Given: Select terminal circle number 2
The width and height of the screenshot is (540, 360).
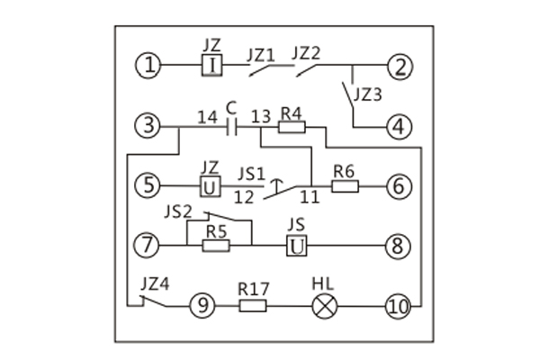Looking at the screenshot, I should [399, 65].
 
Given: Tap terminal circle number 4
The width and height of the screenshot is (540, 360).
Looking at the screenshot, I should [399, 127].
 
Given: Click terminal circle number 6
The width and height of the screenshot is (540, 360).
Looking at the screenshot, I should [399, 186].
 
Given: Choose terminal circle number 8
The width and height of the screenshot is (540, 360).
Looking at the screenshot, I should [399, 244].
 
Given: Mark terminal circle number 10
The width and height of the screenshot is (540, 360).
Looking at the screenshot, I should [399, 305].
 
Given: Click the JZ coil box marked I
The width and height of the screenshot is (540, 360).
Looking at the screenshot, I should [211, 65].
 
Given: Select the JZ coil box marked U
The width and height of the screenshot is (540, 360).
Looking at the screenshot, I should [210, 186].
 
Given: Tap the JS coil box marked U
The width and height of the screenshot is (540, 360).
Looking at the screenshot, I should [298, 244].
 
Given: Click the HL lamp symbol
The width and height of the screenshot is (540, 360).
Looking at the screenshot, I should [323, 305].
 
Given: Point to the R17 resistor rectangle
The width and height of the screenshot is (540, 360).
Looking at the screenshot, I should [253, 305].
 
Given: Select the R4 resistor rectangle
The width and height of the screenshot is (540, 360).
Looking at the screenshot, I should [292, 127].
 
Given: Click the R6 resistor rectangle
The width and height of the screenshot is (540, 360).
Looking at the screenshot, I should [346, 186].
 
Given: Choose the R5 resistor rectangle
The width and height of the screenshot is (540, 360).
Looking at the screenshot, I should [215, 244].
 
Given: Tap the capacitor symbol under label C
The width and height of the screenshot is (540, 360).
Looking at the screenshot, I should [231, 127].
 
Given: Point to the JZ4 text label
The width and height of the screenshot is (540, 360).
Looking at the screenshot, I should [156, 283].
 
